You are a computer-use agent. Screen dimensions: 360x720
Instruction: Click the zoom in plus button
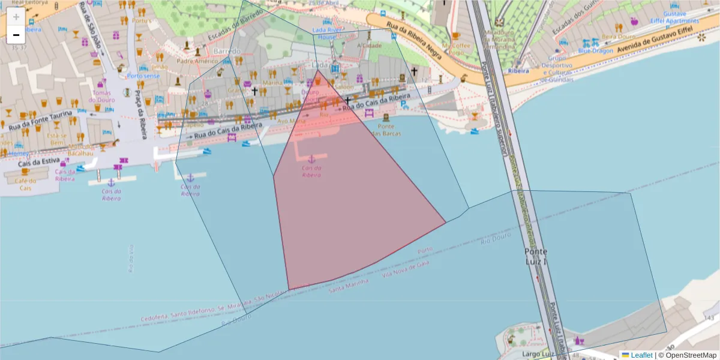coord(16,16)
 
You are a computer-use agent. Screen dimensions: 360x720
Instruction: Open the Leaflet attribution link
coord(641,355)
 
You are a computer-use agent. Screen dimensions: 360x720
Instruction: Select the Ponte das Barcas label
coord(386,129)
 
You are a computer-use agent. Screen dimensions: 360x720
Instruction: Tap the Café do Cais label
coord(25,184)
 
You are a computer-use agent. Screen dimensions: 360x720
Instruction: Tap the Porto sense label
coord(143,76)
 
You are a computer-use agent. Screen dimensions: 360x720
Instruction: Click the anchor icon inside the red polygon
coord(311,159)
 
